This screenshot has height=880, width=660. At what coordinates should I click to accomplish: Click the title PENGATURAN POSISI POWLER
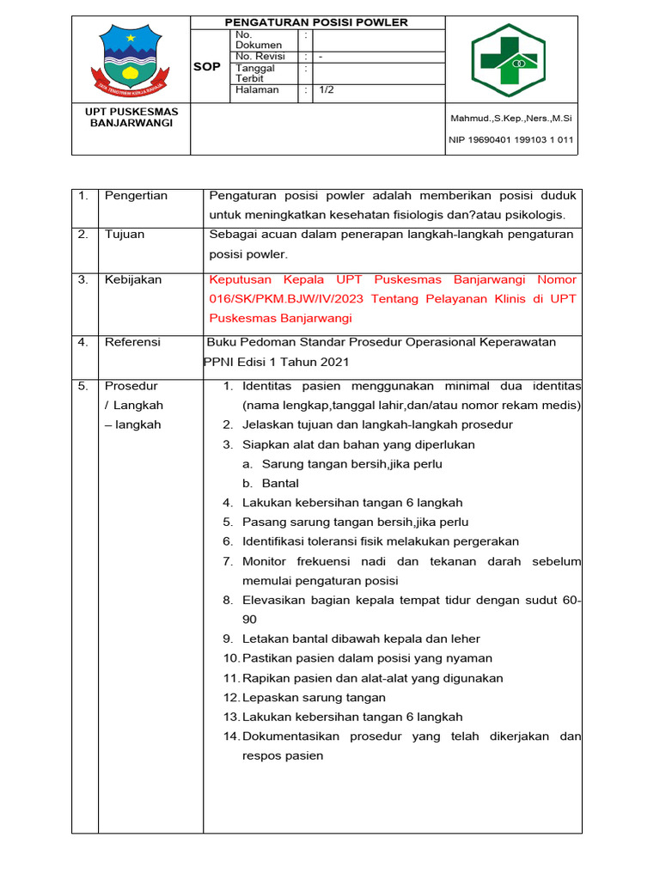tap(316, 22)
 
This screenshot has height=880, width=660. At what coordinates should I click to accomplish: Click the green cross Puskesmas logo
tap(512, 61)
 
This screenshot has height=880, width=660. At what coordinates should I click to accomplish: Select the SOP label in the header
tap(206, 66)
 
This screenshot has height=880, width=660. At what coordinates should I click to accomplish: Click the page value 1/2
tap(327, 89)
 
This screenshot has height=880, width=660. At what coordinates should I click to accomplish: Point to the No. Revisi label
tap(260, 56)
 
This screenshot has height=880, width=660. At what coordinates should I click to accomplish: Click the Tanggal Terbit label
tap(255, 73)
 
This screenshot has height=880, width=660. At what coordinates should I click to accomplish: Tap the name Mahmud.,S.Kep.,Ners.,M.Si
tap(511, 118)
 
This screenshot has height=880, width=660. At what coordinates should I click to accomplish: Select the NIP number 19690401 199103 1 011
tap(511, 139)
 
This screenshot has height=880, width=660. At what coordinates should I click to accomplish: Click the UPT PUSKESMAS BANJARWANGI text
tap(131, 118)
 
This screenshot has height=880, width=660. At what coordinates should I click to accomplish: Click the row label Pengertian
tap(136, 196)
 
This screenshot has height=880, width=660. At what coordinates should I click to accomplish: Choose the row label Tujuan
tap(125, 235)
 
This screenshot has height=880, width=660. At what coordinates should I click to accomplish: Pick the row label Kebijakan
tap(133, 280)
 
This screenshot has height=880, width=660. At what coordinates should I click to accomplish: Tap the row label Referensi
tap(132, 342)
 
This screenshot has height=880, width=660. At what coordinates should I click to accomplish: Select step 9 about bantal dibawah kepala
tap(361, 639)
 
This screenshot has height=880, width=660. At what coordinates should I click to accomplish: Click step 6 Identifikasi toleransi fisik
tap(380, 541)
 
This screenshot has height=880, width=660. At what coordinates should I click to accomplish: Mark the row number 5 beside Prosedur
tap(83, 386)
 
